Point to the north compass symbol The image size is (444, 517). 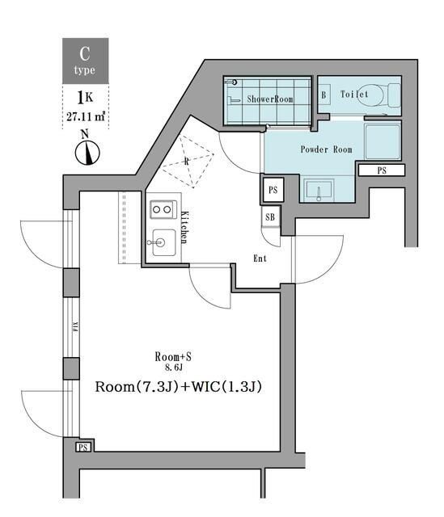(87, 150)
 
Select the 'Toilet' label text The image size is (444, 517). (354, 95)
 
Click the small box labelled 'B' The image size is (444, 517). (324, 95)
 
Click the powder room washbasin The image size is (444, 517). (320, 191)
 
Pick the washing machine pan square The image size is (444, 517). (383, 142)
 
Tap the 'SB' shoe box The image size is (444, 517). (270, 217)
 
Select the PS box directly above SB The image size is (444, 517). (273, 190)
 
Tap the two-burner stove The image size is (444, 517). (162, 209)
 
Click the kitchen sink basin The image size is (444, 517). (162, 242)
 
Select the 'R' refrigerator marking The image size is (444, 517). (188, 161)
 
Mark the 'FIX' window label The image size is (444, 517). (72, 327)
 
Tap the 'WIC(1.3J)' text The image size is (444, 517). (222, 387)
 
